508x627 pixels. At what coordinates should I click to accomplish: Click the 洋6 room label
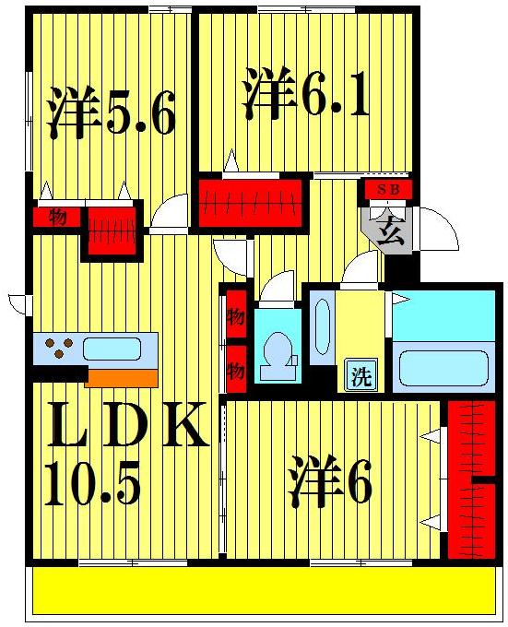(332, 481)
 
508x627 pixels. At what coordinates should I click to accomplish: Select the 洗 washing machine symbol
(361, 375)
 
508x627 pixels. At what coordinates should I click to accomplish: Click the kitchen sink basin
(112, 349)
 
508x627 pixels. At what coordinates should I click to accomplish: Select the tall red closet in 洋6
(470, 479)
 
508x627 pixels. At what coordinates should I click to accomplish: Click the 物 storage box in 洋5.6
(58, 218)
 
